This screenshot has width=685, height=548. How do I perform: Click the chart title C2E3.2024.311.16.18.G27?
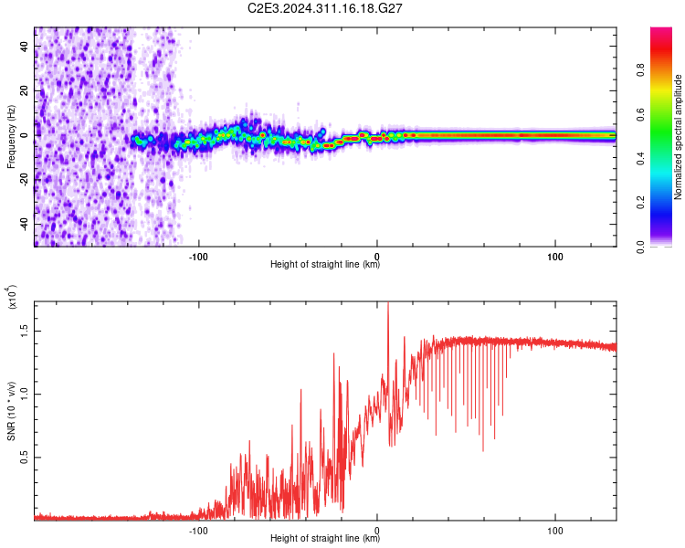pyautogui.click(x=324, y=8)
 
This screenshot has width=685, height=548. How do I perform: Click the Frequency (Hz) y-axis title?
pyautogui.click(x=11, y=136)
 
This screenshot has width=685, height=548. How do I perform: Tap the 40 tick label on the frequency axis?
pyautogui.click(x=25, y=46)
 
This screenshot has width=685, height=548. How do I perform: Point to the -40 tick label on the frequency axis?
pyautogui.click(x=25, y=224)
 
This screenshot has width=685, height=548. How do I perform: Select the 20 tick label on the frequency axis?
pyautogui.click(x=25, y=90)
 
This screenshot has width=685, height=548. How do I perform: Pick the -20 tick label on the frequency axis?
pyautogui.click(x=25, y=180)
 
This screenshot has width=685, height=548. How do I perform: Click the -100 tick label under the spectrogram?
pyautogui.click(x=198, y=257)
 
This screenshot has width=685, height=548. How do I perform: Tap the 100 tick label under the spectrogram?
pyautogui.click(x=554, y=257)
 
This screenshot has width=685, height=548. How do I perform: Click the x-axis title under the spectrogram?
pyautogui.click(x=325, y=264)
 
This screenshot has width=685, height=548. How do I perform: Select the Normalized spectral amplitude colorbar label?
pyautogui.click(x=678, y=136)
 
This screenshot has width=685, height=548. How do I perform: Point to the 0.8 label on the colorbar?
pyautogui.click(x=640, y=70)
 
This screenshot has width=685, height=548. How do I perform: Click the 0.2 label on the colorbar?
pyautogui.click(x=640, y=203)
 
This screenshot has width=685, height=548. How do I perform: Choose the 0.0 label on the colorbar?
pyautogui.click(x=640, y=248)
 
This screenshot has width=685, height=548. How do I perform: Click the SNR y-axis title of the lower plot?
pyautogui.click(x=11, y=411)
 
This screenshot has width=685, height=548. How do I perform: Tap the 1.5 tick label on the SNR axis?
pyautogui.click(x=25, y=331)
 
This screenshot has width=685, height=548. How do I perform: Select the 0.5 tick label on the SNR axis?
pyautogui.click(x=25, y=457)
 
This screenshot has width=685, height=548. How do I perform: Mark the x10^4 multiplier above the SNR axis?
pyautogui.click(x=11, y=297)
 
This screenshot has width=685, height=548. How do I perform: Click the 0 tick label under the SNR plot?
pyautogui.click(x=377, y=531)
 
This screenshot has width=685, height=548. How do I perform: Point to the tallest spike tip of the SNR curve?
pyautogui.click(x=388, y=302)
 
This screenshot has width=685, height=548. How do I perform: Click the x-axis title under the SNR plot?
pyautogui.click(x=325, y=538)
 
